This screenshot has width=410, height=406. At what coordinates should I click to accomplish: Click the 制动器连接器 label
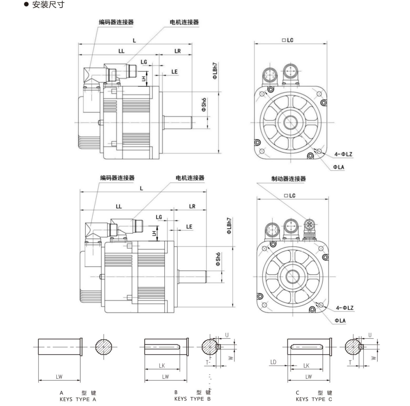[x=289, y=179]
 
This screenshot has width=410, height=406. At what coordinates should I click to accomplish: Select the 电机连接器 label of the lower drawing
[x=190, y=178]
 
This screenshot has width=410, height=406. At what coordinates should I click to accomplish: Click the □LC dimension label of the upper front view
[x=288, y=40]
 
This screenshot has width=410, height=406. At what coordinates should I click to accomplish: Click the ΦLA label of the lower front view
[x=339, y=320]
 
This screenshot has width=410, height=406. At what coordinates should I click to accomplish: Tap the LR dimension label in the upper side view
[x=177, y=50]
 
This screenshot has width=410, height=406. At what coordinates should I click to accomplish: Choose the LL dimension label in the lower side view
[x=118, y=206]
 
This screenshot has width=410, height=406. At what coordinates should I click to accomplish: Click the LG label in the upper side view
[x=144, y=62]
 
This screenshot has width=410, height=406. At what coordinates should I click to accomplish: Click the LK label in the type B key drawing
[x=162, y=366]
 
